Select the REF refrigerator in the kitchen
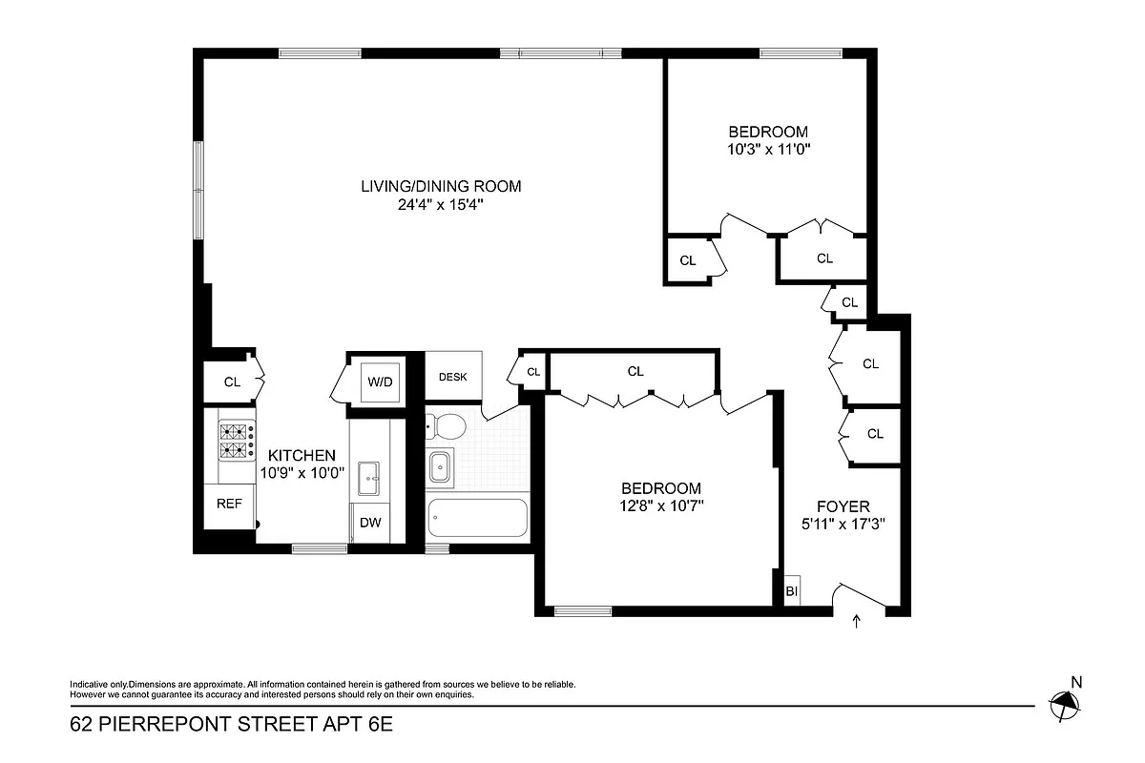click(x=229, y=505)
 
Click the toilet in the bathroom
click(x=445, y=424)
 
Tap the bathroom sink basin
click(x=441, y=466)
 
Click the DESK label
click(x=453, y=377)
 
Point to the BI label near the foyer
click(x=791, y=591)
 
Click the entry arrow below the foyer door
click(x=856, y=622)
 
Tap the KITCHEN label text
click(x=301, y=456)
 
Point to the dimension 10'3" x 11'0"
click(x=768, y=149)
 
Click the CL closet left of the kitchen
click(x=232, y=382)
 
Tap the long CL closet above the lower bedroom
click(x=635, y=371)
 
